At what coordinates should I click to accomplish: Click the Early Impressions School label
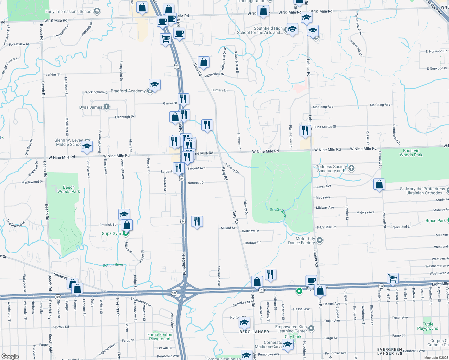point(69,12)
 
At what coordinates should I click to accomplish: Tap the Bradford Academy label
point(128,91)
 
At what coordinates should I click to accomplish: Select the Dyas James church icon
point(107,106)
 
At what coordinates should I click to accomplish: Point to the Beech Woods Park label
point(68,189)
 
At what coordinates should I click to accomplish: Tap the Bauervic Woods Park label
point(411,153)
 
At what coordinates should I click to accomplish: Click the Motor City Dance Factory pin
point(320,240)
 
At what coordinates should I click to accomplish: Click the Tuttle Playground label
point(428,326)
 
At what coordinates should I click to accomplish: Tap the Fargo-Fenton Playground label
point(160,337)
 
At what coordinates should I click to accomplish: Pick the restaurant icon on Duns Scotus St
point(305,131)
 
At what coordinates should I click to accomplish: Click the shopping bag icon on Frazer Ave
point(379,184)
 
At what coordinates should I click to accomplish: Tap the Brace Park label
point(435,220)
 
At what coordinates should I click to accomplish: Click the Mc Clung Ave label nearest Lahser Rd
point(323,107)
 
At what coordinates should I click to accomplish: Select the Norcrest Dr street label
point(196,183)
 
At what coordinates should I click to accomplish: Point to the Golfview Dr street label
point(250,231)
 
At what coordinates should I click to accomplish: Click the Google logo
point(10,356)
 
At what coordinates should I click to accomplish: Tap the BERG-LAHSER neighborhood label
point(254,332)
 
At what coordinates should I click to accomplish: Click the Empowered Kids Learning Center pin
point(311,328)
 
